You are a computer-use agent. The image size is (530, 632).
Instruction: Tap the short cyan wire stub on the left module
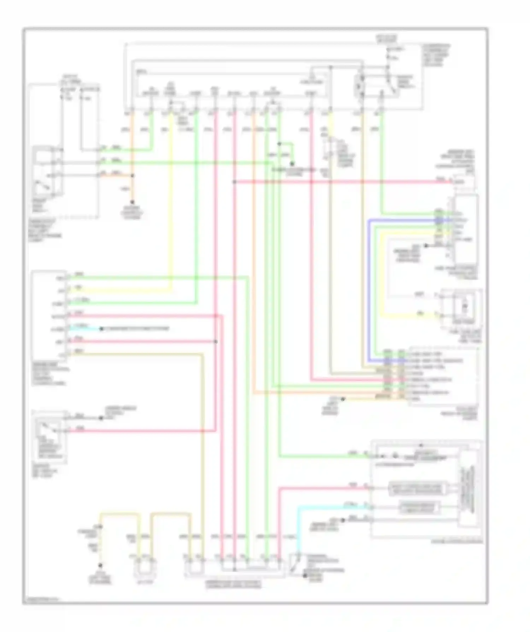tap(85, 329)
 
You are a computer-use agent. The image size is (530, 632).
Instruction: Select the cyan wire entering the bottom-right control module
tap(332, 507)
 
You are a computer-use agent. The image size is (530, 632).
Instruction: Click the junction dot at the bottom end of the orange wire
tap(132, 202)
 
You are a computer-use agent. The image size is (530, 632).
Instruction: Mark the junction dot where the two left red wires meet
tap(216, 342)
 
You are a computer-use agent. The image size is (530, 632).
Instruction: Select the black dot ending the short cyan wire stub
tap(101, 329)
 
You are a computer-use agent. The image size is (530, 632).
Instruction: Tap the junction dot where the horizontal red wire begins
tap(234, 182)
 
